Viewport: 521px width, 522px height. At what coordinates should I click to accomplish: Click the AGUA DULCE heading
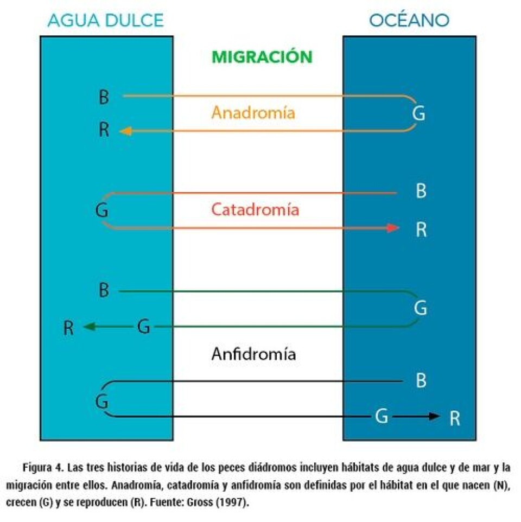105,20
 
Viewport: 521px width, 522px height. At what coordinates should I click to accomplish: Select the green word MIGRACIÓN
262,56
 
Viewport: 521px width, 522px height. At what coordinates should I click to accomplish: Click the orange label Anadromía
253,112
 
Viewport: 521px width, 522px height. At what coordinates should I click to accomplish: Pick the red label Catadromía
255,209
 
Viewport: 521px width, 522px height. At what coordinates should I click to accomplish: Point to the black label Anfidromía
253,354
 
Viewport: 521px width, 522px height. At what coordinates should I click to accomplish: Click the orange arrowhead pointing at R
125,131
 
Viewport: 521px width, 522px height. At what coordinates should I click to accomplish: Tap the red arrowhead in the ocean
392,228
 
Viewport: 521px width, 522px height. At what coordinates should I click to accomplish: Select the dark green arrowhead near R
90,327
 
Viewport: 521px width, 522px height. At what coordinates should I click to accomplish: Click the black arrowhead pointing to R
434,416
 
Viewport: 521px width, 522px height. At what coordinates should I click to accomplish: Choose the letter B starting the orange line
104,97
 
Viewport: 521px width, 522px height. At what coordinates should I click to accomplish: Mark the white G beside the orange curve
418,113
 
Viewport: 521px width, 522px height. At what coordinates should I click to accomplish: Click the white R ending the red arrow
421,230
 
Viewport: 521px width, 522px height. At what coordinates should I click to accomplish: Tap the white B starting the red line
421,191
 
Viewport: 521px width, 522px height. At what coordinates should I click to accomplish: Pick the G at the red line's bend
101,211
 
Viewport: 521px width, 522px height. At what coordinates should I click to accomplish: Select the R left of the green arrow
68,328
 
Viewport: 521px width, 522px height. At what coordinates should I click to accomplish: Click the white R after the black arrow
455,418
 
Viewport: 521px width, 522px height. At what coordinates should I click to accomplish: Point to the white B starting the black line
421,380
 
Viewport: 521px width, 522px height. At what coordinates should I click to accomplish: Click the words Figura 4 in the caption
43,468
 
